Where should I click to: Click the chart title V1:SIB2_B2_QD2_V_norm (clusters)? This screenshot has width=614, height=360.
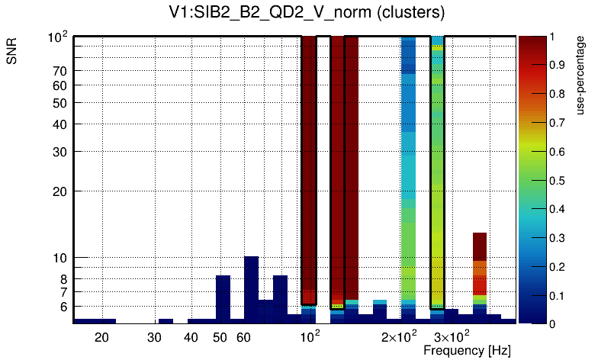point(307,13)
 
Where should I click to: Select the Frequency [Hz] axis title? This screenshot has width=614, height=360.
point(467,350)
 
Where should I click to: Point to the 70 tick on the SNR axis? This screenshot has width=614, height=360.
point(59,71)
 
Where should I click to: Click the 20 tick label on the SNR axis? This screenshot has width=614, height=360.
point(59,191)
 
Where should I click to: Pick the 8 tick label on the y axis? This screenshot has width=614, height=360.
point(64,279)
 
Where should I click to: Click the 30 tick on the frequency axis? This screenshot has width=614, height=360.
point(155,336)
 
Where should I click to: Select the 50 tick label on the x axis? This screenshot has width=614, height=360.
point(220,336)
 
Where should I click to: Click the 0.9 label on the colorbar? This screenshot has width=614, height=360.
point(557,66)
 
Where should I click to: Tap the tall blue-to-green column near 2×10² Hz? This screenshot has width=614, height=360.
point(409,175)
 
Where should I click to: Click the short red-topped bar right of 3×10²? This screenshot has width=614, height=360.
point(480,275)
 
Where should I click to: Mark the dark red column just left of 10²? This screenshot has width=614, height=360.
point(309,168)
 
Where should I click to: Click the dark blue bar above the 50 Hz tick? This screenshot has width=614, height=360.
point(223,297)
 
